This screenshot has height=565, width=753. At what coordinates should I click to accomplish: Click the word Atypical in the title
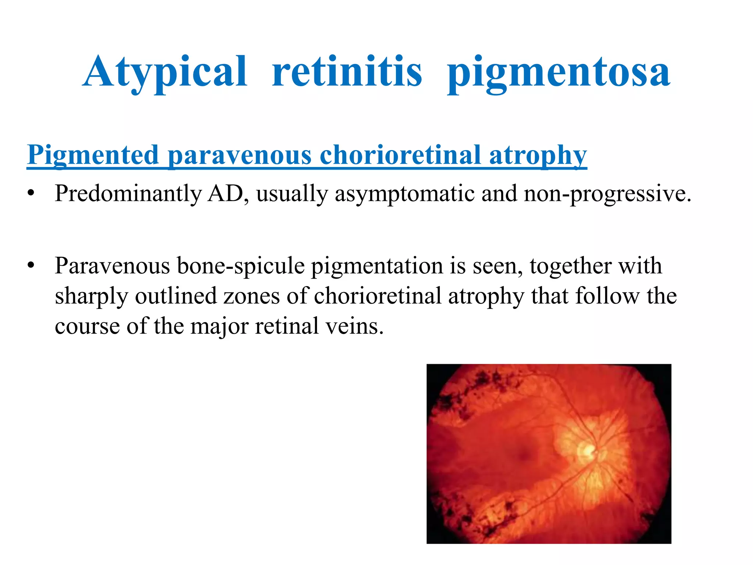point(165,72)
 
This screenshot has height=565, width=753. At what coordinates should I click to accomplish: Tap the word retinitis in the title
point(347,72)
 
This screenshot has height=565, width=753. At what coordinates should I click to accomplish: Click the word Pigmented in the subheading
point(93,155)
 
